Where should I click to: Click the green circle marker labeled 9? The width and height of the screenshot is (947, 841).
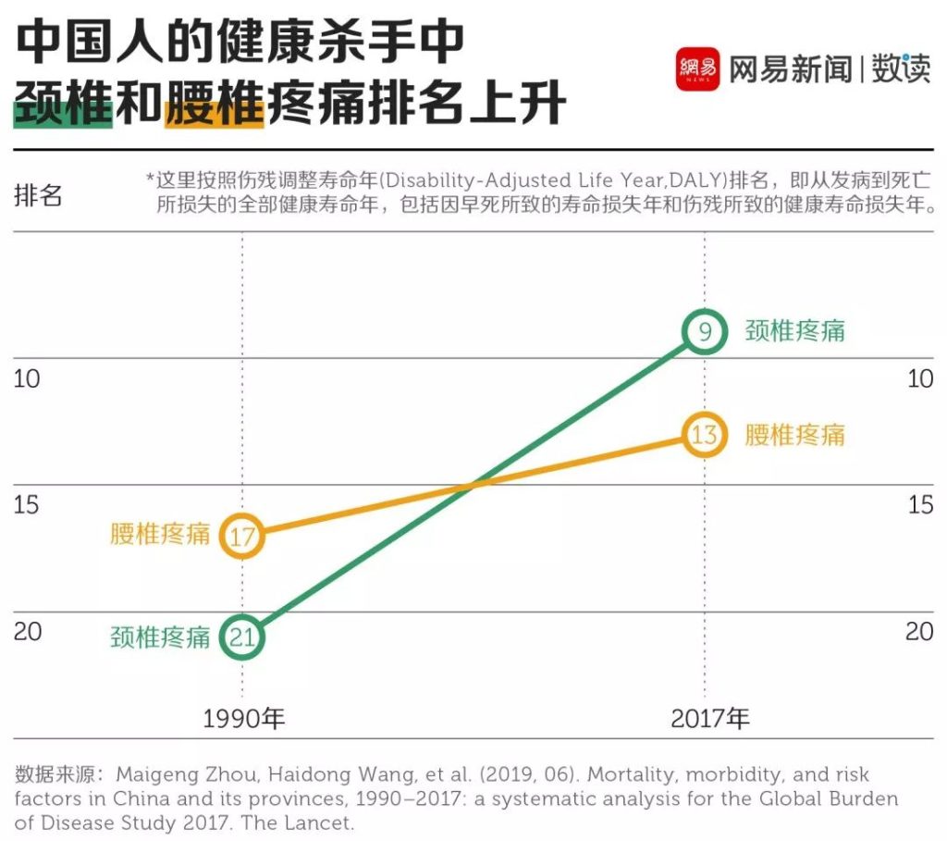pyautogui.click(x=705, y=331)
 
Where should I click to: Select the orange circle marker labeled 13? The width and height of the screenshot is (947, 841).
pyautogui.click(x=705, y=434)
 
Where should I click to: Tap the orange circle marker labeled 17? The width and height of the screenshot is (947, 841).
pyautogui.click(x=242, y=536)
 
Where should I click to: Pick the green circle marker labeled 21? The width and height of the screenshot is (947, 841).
pyautogui.click(x=242, y=637)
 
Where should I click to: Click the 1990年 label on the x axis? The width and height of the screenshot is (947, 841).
pyautogui.click(x=243, y=718)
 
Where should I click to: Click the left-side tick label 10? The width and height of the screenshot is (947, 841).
pyautogui.click(x=27, y=379)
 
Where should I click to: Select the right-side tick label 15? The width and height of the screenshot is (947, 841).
pyautogui.click(x=919, y=505)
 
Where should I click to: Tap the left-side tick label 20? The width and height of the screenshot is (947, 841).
pyautogui.click(x=27, y=632)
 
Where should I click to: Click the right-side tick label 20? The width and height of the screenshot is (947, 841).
pyautogui.click(x=919, y=632)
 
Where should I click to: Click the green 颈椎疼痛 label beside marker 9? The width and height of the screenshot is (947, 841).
pyautogui.click(x=795, y=331)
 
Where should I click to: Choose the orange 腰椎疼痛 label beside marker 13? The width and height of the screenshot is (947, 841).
pyautogui.click(x=795, y=434)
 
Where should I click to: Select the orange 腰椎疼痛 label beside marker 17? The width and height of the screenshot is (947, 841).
pyautogui.click(x=160, y=534)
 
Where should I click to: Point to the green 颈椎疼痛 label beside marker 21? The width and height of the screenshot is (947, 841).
pyautogui.click(x=160, y=637)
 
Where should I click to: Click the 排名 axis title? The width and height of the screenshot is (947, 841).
pyautogui.click(x=38, y=195)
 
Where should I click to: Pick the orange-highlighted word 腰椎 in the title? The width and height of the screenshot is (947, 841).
pyautogui.click(x=215, y=105)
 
